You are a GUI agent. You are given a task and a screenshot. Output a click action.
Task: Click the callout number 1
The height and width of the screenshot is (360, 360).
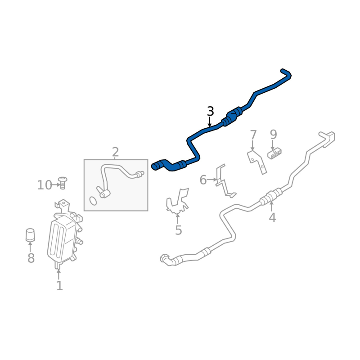pyautogui.click(x=59, y=286)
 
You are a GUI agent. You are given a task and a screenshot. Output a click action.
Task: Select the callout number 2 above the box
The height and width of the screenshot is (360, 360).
pyautogui.click(x=115, y=152)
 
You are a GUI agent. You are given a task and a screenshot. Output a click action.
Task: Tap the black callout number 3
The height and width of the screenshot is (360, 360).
pyautogui.click(x=210, y=112)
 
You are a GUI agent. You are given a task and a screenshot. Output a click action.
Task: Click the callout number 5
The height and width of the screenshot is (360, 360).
pyautogui.click(x=178, y=231)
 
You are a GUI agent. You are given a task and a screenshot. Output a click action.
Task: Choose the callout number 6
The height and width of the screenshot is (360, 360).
pyautogui.click(x=203, y=180)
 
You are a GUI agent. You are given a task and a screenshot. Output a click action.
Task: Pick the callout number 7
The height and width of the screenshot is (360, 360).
pyautogui.click(x=253, y=135)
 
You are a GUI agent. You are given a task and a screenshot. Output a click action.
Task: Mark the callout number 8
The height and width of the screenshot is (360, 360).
pyautogui.click(x=31, y=258)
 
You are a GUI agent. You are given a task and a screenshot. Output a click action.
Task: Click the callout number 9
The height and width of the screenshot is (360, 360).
pyautogui.click(x=273, y=134)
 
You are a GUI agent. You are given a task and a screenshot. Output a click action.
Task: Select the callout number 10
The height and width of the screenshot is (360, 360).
pyautogui.click(x=45, y=185)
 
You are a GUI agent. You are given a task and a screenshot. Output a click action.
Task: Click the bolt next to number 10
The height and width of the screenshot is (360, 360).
pyautogui.click(x=63, y=183)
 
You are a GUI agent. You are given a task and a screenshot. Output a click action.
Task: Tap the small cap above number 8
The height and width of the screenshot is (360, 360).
pyautogui.click(x=30, y=234)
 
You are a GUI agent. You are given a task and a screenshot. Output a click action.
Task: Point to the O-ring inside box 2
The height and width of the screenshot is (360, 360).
pyautogui.click(x=93, y=201)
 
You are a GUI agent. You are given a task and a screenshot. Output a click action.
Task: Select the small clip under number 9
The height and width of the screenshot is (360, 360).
pyautogui.click(x=275, y=154)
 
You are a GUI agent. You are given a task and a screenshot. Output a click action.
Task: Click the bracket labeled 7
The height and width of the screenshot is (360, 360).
pyautogui.click(x=257, y=162)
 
